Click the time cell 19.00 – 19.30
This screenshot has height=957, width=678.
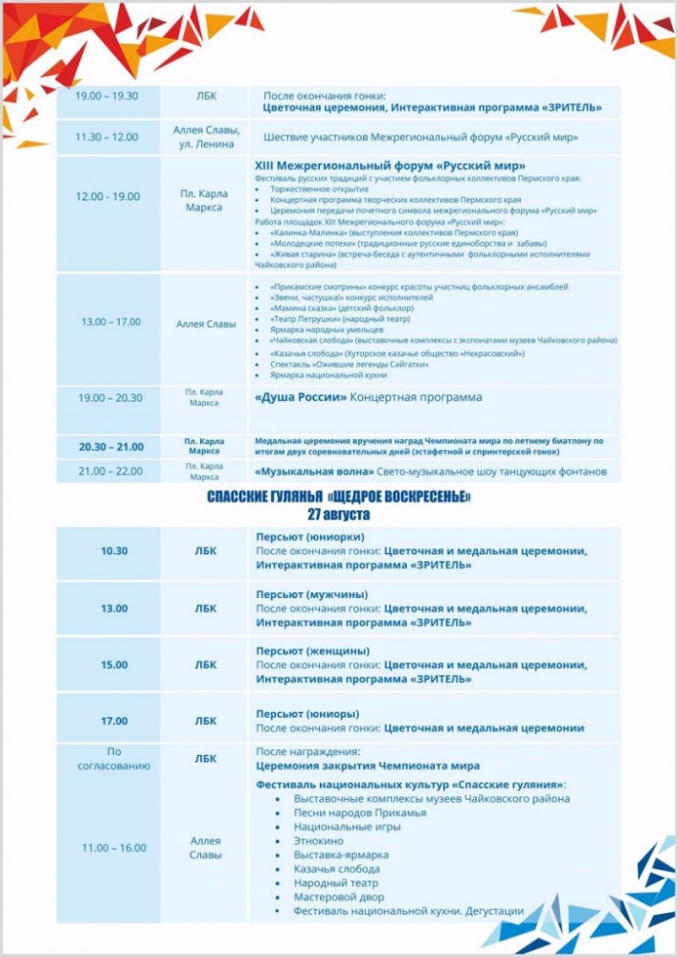tap(107, 96)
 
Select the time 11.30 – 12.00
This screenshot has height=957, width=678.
tap(107, 137)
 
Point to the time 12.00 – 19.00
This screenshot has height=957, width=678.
tap(107, 196)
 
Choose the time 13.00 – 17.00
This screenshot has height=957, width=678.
tap(110, 323)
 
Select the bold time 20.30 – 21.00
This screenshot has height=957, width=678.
tap(110, 447)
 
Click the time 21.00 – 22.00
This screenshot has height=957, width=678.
tap(110, 471)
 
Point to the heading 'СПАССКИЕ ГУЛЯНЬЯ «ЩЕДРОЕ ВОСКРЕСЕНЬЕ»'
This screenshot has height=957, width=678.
tap(339, 499)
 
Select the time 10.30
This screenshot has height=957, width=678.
tap(114, 551)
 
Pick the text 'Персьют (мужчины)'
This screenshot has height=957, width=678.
tap(312, 594)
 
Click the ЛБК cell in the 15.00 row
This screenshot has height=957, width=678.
tap(205, 665)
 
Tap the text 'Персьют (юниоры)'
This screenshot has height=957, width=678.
tap(307, 713)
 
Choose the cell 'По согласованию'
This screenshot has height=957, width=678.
tap(114, 759)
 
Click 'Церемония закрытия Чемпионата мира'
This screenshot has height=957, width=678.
tap(368, 766)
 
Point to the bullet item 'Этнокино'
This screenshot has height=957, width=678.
tap(317, 840)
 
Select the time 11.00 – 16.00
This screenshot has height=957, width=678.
tap(114, 848)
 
